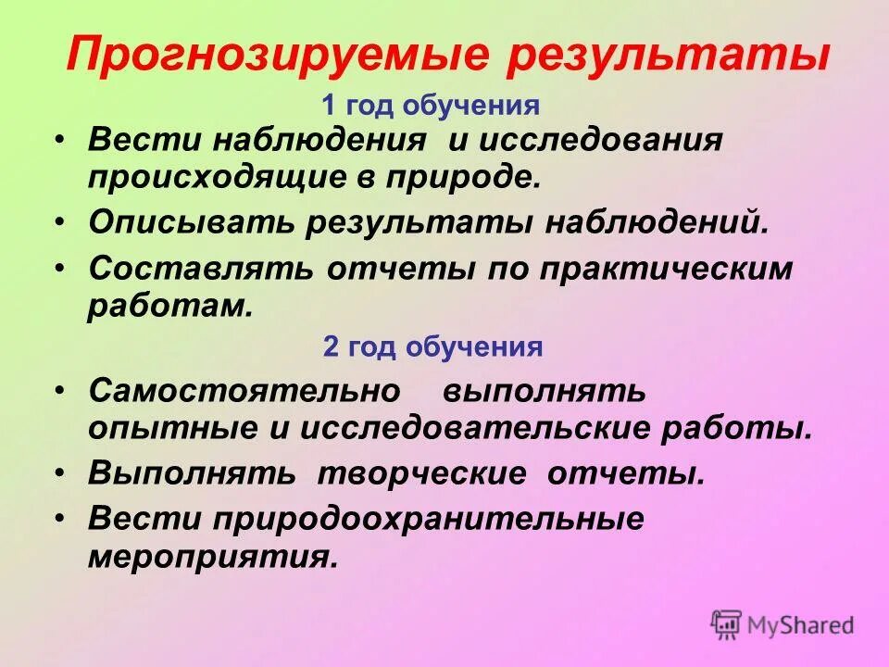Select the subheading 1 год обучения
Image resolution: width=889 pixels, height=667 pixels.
pos(431,106)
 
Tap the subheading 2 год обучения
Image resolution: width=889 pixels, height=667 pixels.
pos(432,347)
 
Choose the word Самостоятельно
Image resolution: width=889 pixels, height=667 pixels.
pos(244,391)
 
